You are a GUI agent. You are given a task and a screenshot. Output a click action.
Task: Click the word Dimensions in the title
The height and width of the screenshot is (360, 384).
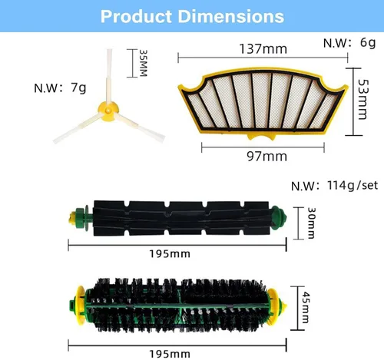[231, 16]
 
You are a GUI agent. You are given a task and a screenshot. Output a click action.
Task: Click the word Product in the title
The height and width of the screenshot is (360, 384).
[136, 16]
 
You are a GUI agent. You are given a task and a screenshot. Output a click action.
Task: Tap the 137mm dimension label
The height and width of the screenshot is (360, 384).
[263, 48]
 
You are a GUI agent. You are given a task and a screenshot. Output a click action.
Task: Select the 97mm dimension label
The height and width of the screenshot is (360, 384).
[266, 156]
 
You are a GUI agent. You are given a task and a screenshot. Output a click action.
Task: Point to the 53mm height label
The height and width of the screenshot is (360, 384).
[363, 99]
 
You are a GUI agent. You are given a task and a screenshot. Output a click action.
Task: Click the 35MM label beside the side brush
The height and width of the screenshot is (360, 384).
[143, 63]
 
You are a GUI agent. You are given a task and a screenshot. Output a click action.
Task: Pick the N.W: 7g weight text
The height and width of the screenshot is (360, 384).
[60, 88]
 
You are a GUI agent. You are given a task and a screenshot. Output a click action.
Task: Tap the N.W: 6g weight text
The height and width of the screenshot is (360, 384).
[349, 43]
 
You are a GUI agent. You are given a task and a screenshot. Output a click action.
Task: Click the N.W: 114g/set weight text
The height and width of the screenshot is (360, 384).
[334, 185]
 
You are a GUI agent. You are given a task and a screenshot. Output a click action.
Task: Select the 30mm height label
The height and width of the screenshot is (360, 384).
[311, 223]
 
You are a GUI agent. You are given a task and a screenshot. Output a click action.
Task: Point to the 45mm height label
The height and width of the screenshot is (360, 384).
[306, 308]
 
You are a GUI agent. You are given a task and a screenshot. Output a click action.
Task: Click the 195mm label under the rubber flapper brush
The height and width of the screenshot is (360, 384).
[170, 254]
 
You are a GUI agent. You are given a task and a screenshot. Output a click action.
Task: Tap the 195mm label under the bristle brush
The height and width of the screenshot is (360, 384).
[170, 354]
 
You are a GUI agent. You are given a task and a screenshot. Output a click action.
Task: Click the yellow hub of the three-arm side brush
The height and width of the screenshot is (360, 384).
[108, 111]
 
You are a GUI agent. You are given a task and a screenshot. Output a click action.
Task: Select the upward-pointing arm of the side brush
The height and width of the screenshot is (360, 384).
[109, 76]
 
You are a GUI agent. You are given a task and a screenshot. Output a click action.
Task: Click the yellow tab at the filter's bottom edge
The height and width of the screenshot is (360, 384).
[261, 136]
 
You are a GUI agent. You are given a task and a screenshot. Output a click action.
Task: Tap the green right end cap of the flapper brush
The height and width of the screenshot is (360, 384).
[279, 218]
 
